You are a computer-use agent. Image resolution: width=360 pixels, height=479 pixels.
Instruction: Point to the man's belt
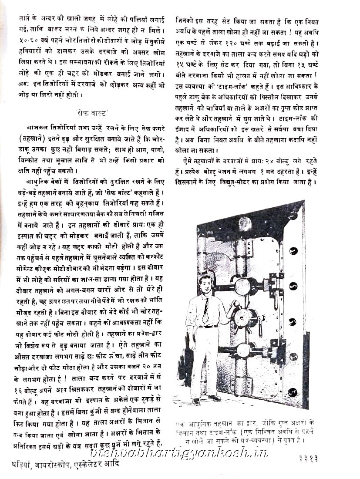click(208, 326)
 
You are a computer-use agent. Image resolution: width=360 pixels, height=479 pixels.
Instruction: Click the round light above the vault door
click(245, 223)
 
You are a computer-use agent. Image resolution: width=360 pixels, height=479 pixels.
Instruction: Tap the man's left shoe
click(214, 397)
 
